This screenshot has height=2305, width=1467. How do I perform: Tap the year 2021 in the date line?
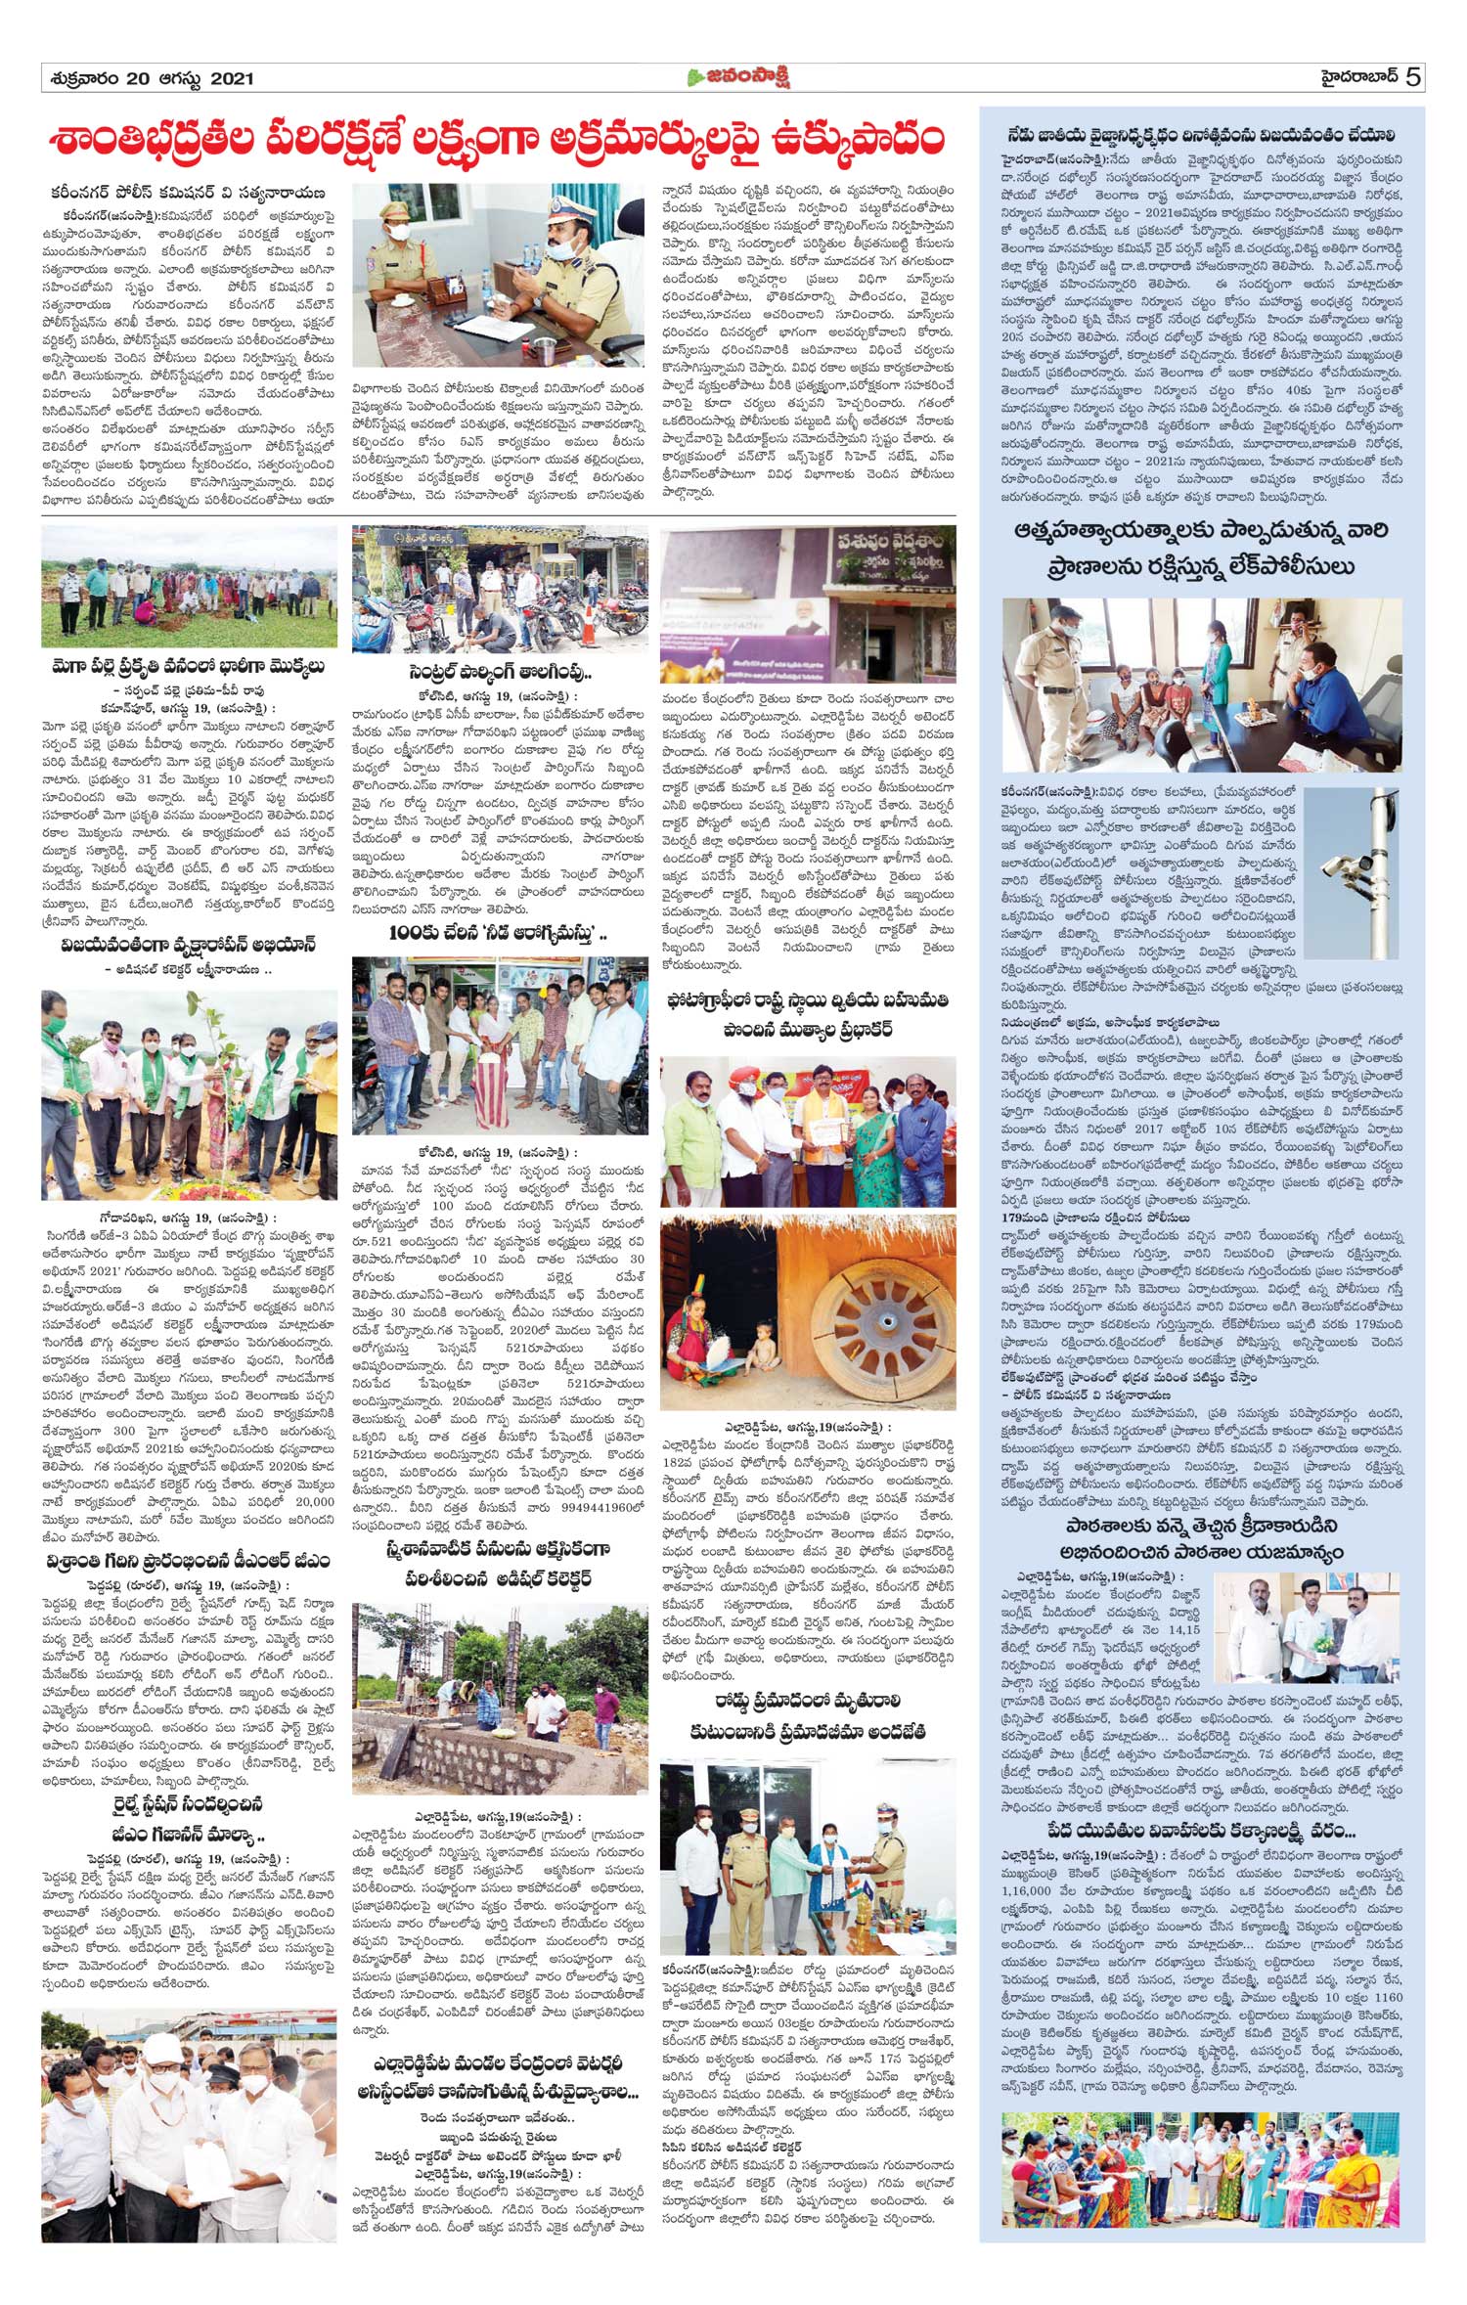tap(232, 79)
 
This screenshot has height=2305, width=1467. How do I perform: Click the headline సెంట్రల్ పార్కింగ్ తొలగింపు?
tap(501, 675)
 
